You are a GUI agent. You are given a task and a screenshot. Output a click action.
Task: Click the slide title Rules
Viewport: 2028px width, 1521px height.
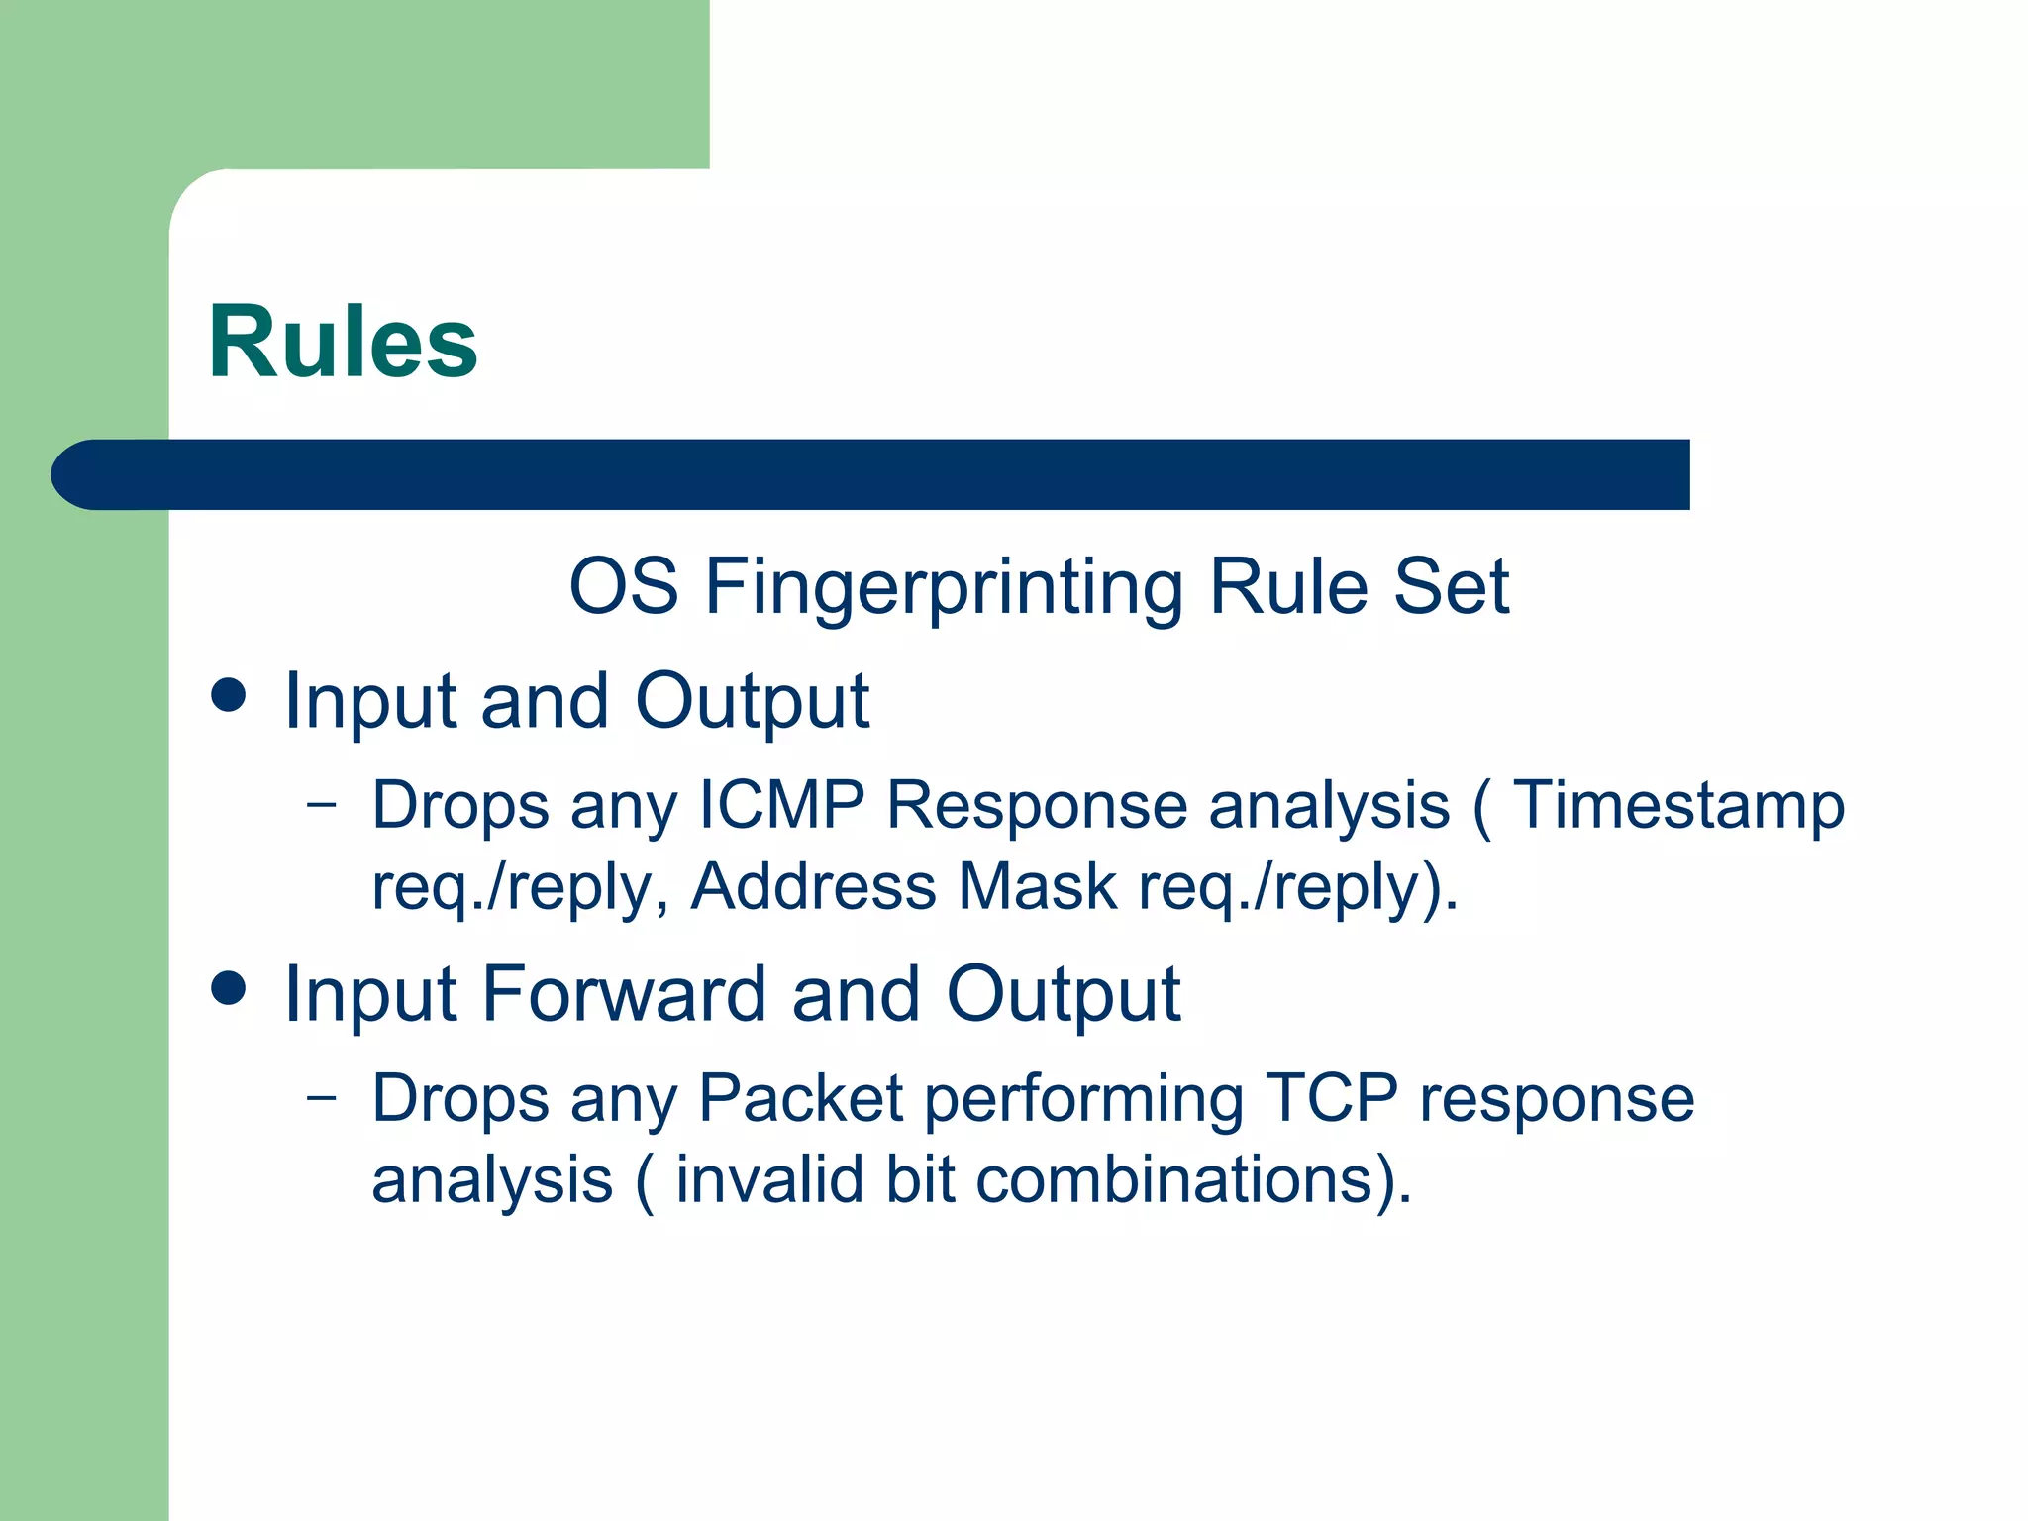coord(343,343)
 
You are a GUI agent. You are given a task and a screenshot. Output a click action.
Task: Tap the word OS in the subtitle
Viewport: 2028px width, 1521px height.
coord(624,586)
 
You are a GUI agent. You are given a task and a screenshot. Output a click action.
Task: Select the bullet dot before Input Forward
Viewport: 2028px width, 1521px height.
coord(229,987)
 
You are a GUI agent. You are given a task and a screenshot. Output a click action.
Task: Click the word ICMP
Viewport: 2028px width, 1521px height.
coord(781,805)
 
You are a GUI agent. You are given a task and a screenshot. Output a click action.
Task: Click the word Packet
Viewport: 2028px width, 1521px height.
coord(800,1098)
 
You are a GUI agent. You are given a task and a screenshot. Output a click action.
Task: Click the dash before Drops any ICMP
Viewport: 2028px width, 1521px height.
coord(321,804)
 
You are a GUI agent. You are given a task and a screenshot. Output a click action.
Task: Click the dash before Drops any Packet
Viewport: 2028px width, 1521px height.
coord(321,1097)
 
